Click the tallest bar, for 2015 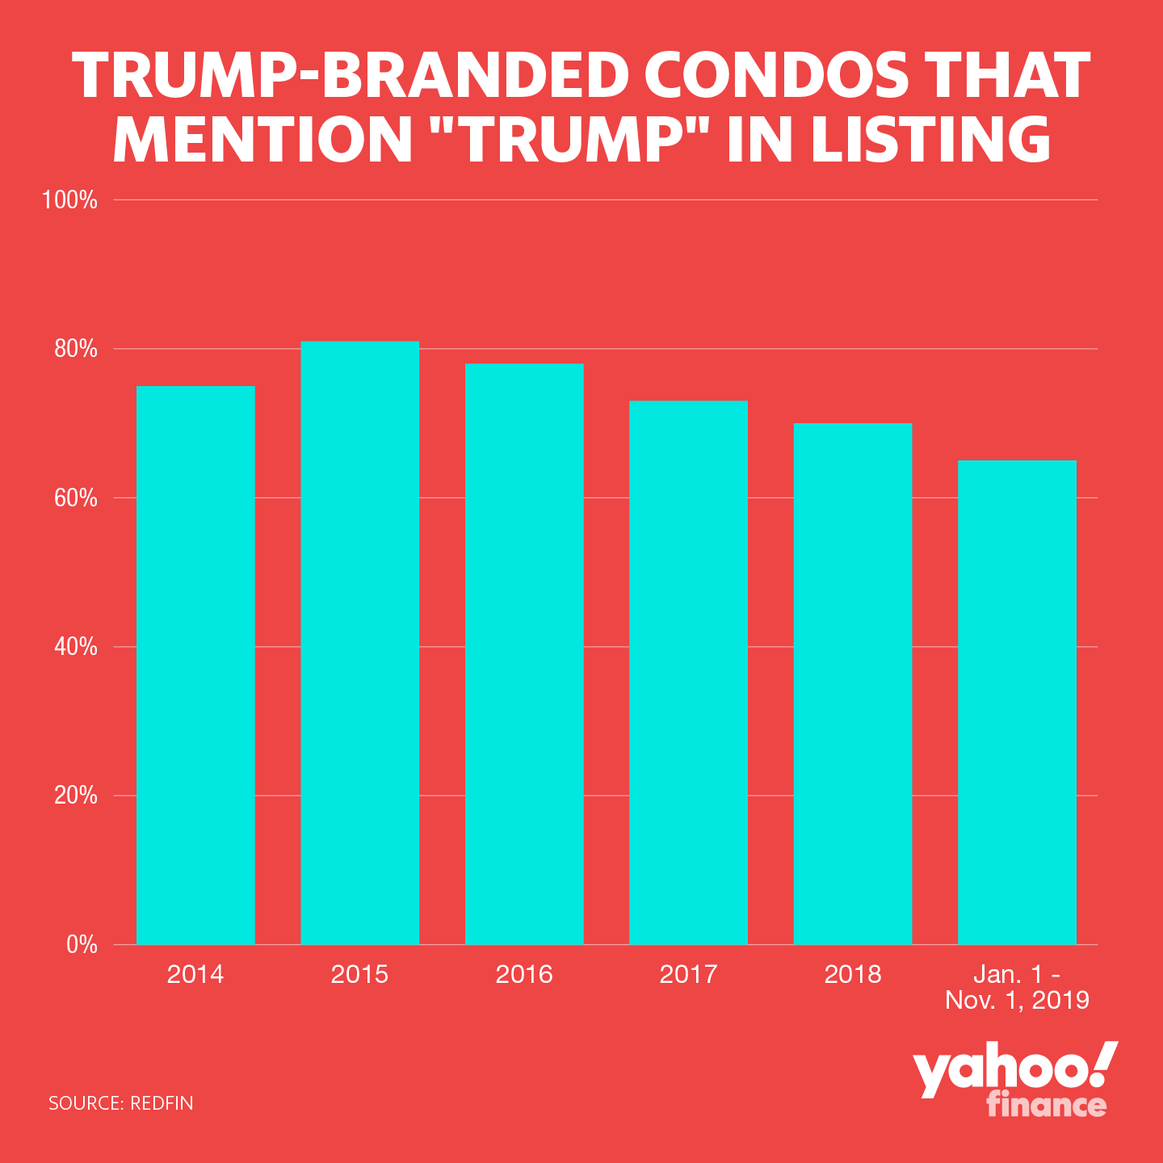(360, 643)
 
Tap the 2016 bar (524, 654)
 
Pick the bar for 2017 (688, 673)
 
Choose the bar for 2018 (853, 683)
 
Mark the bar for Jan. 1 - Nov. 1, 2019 (1017, 702)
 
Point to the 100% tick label (70, 200)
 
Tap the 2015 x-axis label (360, 974)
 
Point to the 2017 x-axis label (688, 974)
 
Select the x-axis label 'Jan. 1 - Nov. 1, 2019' (1017, 987)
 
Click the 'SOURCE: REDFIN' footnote (121, 1103)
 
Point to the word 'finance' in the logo (1046, 1104)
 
